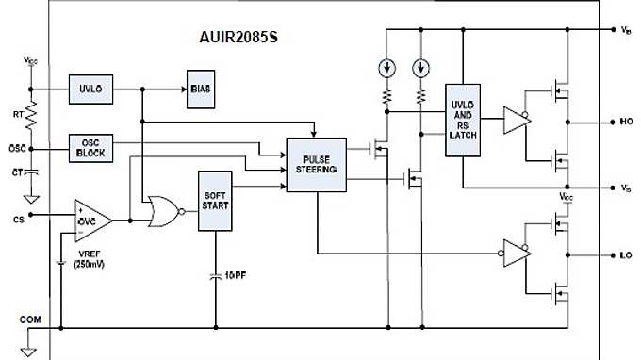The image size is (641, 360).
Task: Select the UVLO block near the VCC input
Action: pyautogui.click(x=90, y=90)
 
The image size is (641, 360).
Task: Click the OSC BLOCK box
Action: pyautogui.click(x=90, y=148)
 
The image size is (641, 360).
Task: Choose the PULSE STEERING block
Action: pyautogui.click(x=317, y=166)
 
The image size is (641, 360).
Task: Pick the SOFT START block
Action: pyautogui.click(x=214, y=202)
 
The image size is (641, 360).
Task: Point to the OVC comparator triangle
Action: pyautogui.click(x=92, y=218)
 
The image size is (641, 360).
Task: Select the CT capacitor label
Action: pyautogui.click(x=16, y=172)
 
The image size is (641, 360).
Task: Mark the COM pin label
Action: pyautogui.click(x=29, y=319)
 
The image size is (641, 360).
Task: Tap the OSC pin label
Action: pyautogui.click(x=15, y=148)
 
